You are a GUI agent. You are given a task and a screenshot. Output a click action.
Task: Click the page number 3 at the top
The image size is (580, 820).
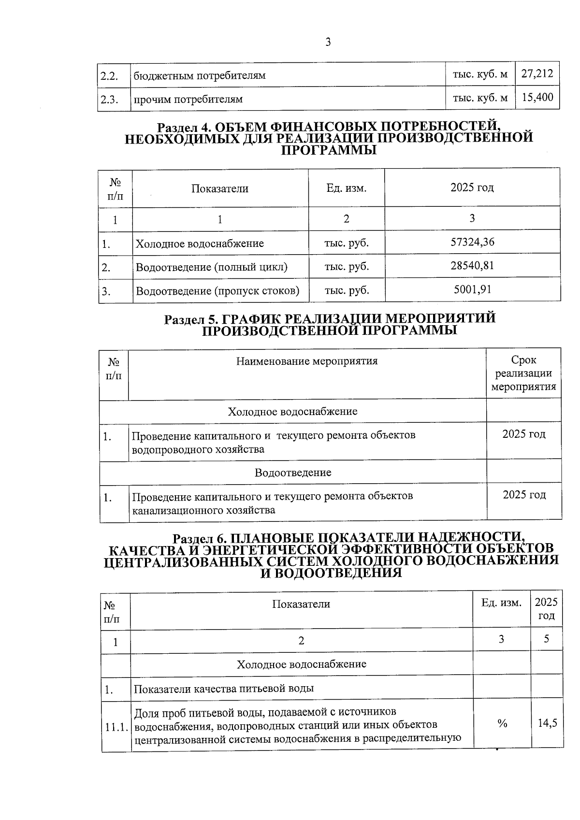(328, 43)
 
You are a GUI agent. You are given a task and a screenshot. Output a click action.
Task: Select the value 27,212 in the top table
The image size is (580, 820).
(537, 74)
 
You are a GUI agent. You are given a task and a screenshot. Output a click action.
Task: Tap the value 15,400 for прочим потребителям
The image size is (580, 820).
(537, 98)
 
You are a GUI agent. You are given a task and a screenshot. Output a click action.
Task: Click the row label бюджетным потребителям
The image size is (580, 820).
(200, 76)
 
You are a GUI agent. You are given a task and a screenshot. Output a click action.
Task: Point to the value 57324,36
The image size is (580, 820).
(472, 242)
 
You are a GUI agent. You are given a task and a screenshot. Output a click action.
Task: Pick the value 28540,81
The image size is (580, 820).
(472, 266)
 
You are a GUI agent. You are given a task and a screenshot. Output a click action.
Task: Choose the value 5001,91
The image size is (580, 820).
(472, 289)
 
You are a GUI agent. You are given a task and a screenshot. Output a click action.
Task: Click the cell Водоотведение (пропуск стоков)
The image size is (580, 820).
(217, 291)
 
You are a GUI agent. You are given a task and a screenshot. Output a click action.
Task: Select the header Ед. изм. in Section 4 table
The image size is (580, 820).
(347, 188)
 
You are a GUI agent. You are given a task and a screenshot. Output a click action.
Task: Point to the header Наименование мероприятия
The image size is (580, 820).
(307, 361)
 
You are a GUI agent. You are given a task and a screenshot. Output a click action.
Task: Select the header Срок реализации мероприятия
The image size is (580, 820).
(523, 374)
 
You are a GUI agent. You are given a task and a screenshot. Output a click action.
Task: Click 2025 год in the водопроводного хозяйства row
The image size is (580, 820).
(523, 434)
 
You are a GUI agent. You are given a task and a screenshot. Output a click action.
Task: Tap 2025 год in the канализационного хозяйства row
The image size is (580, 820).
(524, 495)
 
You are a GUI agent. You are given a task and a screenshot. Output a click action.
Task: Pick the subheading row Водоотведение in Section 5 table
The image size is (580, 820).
(293, 473)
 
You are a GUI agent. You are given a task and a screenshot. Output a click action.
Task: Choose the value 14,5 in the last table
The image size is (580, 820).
(547, 723)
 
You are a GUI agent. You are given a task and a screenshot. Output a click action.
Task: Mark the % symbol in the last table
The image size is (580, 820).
(502, 723)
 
